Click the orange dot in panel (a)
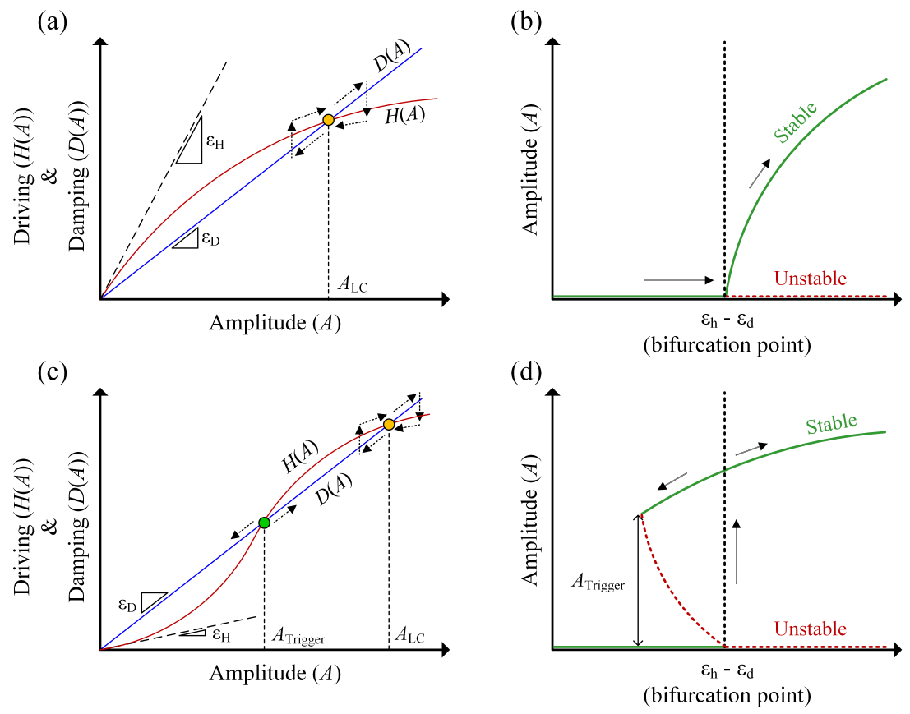328,120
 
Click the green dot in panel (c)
264,523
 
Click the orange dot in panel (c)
389,425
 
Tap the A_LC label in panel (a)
353,285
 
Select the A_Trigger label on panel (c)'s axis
298,636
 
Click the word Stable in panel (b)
796,122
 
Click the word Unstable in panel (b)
811,279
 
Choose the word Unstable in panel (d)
811,629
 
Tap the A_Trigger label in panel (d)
598,581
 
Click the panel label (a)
53,22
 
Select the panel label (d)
526,372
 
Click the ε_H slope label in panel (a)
215,141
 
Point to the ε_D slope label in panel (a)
210,238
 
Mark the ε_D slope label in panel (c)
127,605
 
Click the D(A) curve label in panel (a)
392,56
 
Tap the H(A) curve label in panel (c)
300,457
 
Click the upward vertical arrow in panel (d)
737,551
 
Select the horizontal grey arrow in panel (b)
678,280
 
